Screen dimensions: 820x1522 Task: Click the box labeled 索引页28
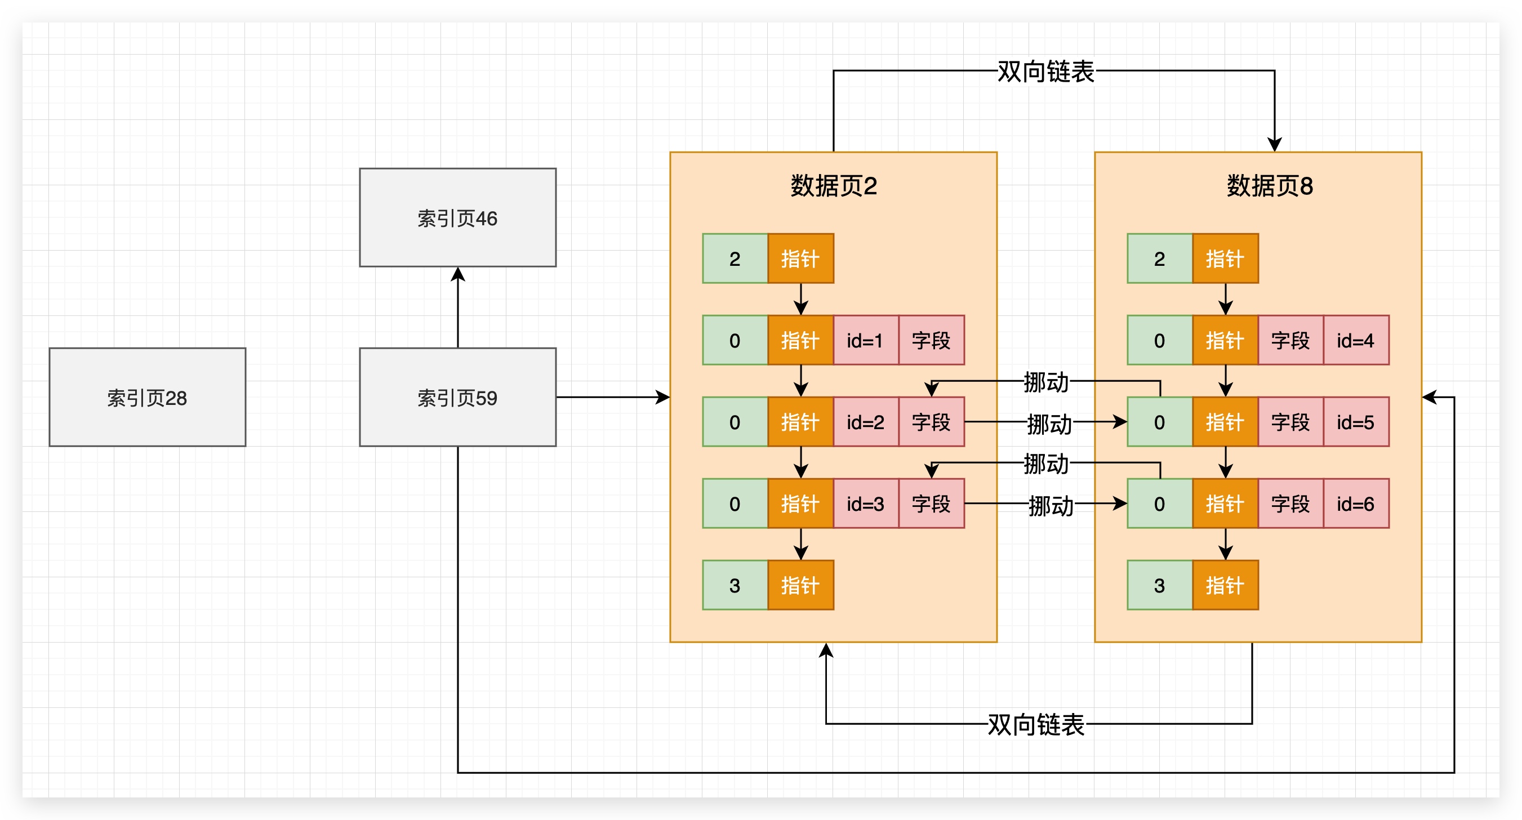click(147, 397)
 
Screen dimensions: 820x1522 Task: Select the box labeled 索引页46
click(457, 217)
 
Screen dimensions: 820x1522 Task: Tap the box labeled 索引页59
click(457, 397)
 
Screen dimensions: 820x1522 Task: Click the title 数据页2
click(833, 186)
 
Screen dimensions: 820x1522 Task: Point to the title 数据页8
click(1269, 186)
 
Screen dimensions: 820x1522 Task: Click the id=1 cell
click(865, 340)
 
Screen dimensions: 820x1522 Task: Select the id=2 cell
click(865, 422)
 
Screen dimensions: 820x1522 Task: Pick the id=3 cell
click(865, 503)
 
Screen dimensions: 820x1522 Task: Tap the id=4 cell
click(1355, 340)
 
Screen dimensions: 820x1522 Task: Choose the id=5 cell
click(1355, 422)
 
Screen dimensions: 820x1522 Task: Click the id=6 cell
click(1355, 503)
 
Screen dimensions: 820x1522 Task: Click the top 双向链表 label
click(1045, 72)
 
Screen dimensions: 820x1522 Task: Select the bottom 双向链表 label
click(1036, 724)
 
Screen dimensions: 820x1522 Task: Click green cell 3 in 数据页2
click(735, 585)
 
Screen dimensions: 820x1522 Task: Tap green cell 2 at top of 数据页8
click(1159, 259)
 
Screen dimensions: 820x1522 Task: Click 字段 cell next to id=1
click(931, 340)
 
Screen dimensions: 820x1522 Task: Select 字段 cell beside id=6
click(1290, 503)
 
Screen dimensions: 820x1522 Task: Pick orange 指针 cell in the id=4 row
click(1225, 340)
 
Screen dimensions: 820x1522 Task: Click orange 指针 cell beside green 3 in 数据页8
click(1225, 585)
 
